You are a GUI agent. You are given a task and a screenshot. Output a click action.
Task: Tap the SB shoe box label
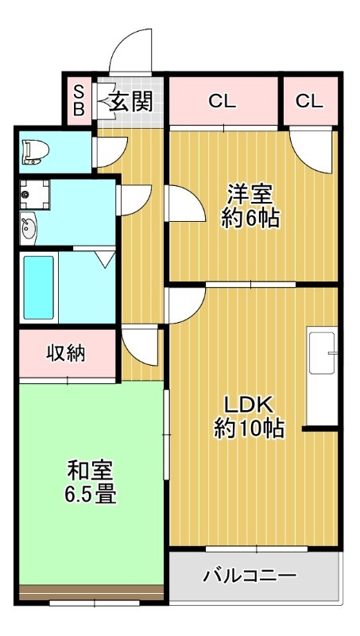pyautogui.click(x=79, y=101)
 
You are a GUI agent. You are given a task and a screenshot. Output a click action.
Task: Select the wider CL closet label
pyautogui.click(x=223, y=102)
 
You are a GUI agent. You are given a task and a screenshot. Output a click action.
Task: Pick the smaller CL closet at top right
pyautogui.click(x=310, y=102)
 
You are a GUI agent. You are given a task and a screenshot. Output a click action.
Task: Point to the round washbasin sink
pyautogui.click(x=29, y=230)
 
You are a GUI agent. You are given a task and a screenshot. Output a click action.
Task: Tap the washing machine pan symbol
pyautogui.click(x=34, y=195)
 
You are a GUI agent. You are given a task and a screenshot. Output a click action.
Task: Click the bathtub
pyautogui.click(x=38, y=288)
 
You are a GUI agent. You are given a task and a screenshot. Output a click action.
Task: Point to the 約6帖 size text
pyautogui.click(x=250, y=219)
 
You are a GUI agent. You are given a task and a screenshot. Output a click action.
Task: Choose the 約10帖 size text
pyautogui.click(x=249, y=429)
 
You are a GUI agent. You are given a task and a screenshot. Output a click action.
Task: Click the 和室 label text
pyautogui.click(x=91, y=471)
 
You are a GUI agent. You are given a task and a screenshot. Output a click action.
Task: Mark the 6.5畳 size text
pyautogui.click(x=90, y=495)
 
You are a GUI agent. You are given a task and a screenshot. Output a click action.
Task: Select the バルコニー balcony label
pyautogui.click(x=250, y=575)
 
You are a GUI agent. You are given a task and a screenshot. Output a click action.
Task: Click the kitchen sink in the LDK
pyautogui.click(x=322, y=353)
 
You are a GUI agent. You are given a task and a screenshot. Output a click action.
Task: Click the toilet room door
pyautogui.click(x=110, y=152)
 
